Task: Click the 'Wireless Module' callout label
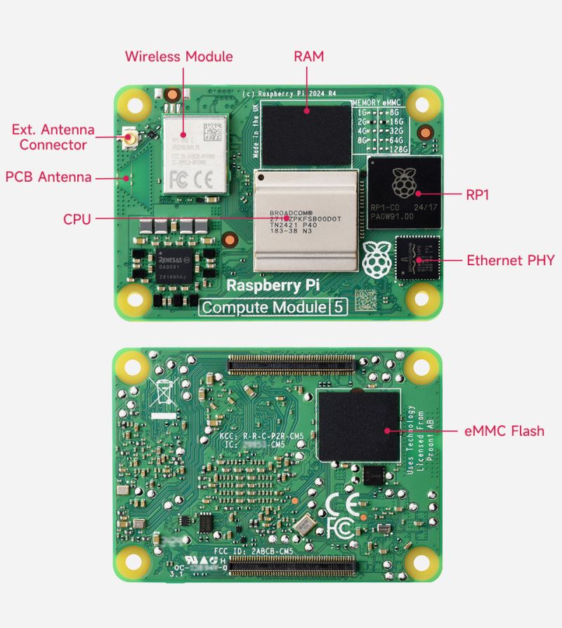pos(178,56)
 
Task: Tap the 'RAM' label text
pos(309,56)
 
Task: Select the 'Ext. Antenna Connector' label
pos(53,138)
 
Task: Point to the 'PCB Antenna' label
pos(48,177)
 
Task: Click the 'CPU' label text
pos(77,220)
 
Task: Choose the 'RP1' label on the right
pos(478,194)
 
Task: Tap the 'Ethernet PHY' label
pos(511,260)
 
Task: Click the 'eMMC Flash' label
pos(505,430)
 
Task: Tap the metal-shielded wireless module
pos(195,154)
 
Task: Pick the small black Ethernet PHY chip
pos(417,259)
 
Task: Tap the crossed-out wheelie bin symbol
pos(160,392)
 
